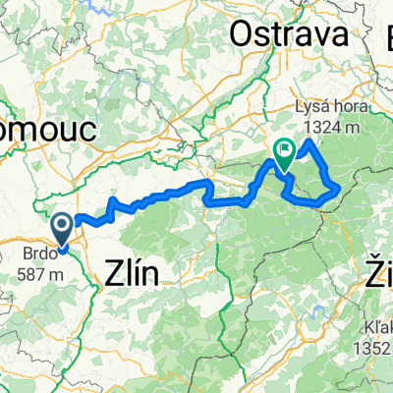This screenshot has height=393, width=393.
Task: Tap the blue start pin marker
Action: point(62,230)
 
